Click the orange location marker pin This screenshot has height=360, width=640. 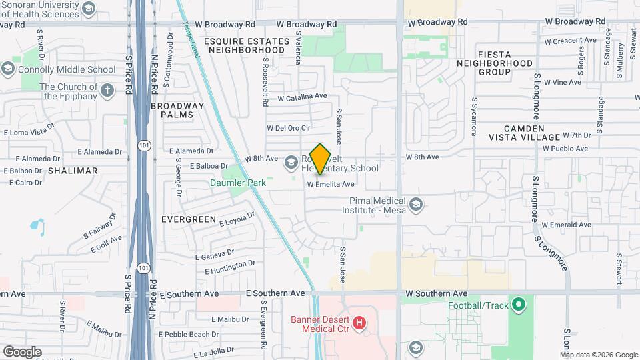[x=321, y=159]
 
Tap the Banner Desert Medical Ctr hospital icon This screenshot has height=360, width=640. [x=360, y=323]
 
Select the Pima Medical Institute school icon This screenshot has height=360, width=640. [x=417, y=204]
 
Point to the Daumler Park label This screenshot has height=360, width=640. [x=238, y=183]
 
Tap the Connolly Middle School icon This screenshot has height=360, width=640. [x=8, y=69]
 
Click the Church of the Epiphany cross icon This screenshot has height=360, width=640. [x=107, y=89]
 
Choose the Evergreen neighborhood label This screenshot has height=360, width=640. [x=189, y=219]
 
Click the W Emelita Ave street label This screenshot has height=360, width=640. [x=331, y=184]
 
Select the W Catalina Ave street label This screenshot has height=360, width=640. [x=302, y=97]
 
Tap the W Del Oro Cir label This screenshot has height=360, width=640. [x=289, y=128]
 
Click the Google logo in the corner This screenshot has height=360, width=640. [x=22, y=351]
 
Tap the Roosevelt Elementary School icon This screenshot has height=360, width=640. [x=291, y=162]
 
